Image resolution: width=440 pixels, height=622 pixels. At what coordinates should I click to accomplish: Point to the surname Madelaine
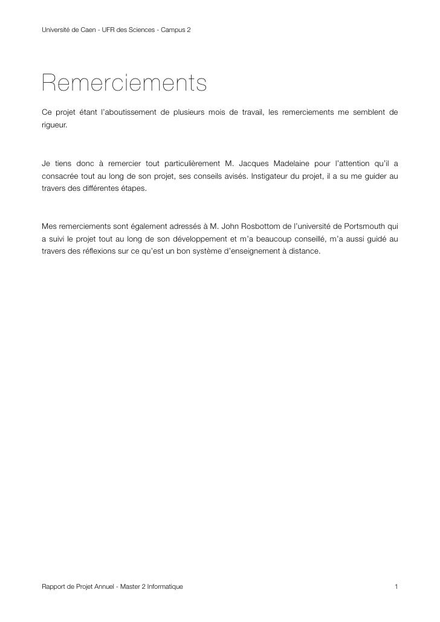pos(297,164)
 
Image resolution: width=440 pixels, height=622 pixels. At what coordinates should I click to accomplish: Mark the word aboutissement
pos(133,114)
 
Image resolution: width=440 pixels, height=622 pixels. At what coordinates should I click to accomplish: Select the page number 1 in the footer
pos(395,586)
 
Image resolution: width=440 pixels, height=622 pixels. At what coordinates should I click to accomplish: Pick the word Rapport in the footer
pos(56,586)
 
